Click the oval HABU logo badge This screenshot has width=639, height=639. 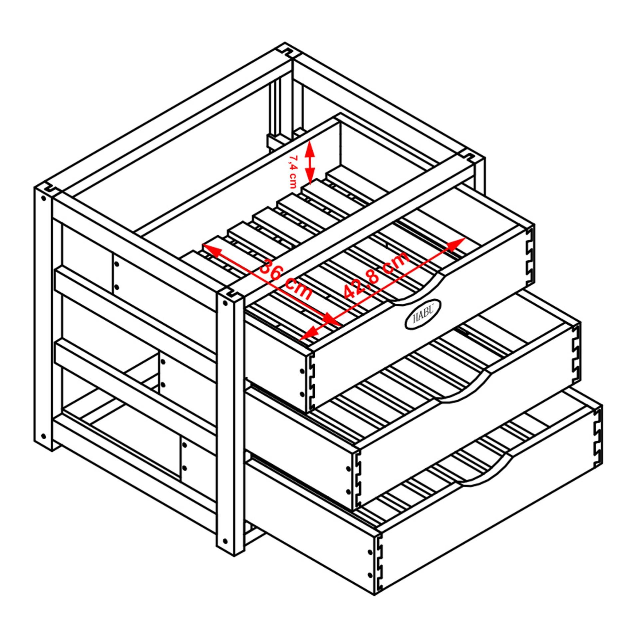tap(423, 314)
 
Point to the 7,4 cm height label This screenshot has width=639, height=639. tap(292, 171)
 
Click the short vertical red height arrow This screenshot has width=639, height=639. tap(310, 162)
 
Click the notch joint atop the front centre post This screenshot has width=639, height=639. tap(231, 293)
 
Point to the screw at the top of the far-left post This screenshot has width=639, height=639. tap(43, 198)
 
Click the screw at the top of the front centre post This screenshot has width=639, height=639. tap(225, 304)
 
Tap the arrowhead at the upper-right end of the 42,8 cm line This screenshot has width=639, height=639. tap(457, 244)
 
